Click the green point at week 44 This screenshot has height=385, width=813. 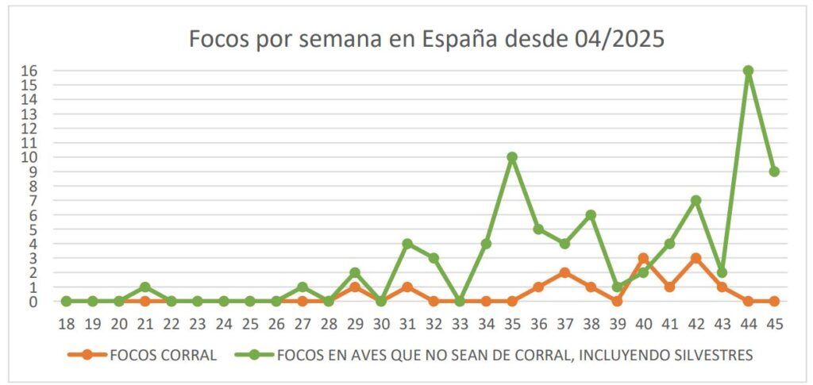point(748,71)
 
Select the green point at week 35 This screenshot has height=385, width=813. point(512,157)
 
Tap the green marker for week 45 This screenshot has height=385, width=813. point(774,171)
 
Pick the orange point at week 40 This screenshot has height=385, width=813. point(643,258)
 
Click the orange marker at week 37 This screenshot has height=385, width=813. point(564,272)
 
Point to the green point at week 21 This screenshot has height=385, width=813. point(145,287)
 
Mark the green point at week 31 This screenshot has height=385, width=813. point(407,244)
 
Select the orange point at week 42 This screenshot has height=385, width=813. point(695,258)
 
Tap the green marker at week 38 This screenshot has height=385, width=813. point(591,215)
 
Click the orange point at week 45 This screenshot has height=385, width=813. point(774,301)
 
